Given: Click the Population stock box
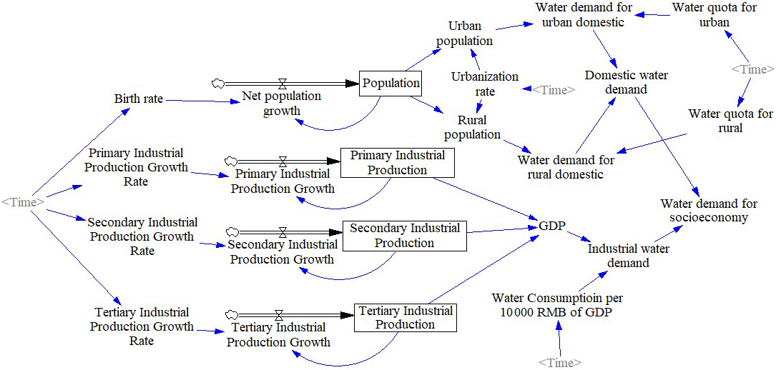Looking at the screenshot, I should point(391,83).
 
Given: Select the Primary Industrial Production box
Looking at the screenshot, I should point(397,163).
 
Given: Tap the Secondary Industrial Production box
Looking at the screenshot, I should point(404,236).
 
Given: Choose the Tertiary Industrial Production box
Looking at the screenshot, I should point(405,317).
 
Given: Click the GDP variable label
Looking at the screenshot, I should point(551,226).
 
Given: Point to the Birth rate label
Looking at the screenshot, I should point(139,99).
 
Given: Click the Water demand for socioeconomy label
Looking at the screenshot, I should point(708,211).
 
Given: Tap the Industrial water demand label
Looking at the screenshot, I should point(628,256).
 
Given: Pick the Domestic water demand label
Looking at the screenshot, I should point(616,82).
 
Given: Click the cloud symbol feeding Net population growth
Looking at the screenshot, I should point(218,84).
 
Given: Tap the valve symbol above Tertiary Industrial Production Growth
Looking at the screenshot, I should point(278,314).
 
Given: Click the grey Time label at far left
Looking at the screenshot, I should point(23,202).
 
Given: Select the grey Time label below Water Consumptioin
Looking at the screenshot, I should point(559,363).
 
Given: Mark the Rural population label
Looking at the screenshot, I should point(472,127).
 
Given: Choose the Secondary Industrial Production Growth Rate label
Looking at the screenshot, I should point(142,236).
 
